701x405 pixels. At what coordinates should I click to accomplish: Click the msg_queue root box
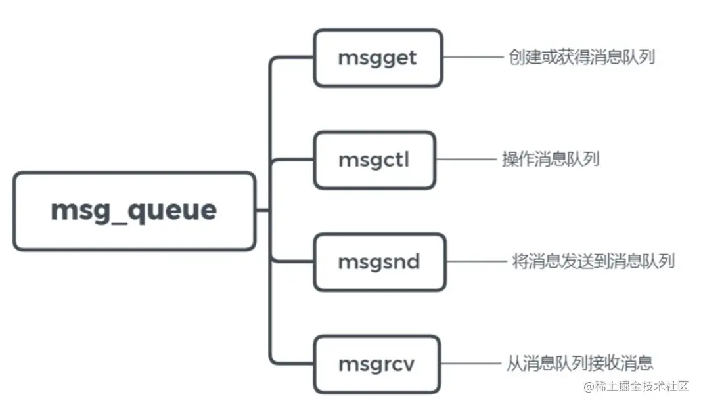click(x=134, y=211)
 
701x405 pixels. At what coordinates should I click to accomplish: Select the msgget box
click(x=377, y=58)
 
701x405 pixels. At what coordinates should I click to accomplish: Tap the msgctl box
click(x=374, y=160)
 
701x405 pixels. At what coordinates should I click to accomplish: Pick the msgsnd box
click(x=379, y=262)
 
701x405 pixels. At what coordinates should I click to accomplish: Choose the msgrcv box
click(x=376, y=364)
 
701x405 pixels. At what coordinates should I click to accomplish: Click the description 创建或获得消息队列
click(x=581, y=57)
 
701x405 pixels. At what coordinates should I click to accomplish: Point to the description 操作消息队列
click(x=551, y=160)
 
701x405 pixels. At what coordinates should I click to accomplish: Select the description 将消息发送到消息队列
click(x=593, y=261)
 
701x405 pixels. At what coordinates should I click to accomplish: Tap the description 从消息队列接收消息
click(x=579, y=363)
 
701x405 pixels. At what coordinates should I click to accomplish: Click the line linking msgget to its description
click(x=472, y=57)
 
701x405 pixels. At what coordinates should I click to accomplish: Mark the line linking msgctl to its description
click(x=465, y=160)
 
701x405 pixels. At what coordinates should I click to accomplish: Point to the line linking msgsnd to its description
click(x=476, y=261)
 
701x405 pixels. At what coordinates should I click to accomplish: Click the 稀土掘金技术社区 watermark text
click(x=641, y=386)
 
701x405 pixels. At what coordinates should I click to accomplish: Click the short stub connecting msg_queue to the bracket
click(x=263, y=211)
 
